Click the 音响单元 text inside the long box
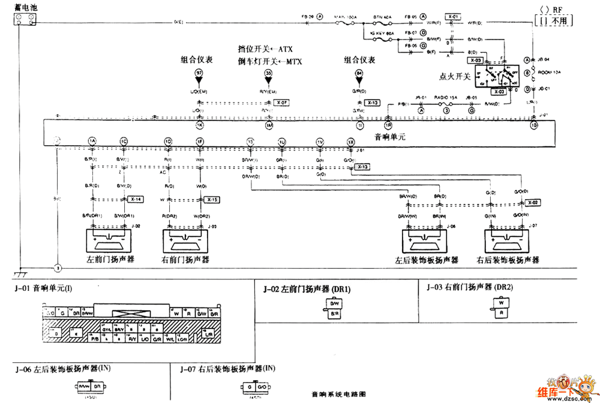(390, 137)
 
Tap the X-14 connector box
(136, 199)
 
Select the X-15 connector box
(212, 199)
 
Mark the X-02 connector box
(534, 203)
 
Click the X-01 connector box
(452, 17)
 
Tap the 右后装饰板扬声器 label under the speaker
(508, 260)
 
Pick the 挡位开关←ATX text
(265, 49)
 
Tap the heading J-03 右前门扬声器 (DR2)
(466, 287)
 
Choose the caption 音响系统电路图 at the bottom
(339, 396)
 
